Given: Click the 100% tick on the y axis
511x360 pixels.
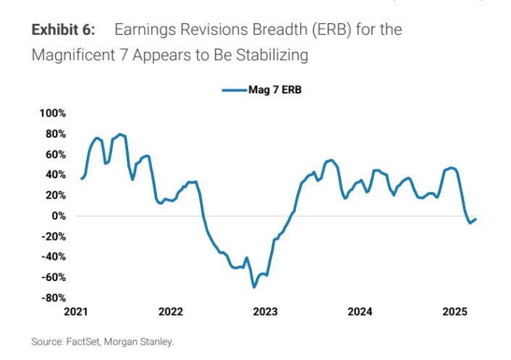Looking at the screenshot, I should click(53, 114).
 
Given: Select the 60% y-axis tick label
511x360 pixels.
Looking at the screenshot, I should click(55, 154).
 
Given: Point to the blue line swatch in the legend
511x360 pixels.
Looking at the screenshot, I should click(234, 91).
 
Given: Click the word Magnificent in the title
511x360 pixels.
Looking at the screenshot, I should click(72, 55).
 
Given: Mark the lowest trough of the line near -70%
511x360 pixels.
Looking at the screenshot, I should click(254, 287).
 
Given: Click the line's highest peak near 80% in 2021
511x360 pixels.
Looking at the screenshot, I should click(120, 134).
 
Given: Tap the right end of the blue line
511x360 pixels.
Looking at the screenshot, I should click(476, 219).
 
